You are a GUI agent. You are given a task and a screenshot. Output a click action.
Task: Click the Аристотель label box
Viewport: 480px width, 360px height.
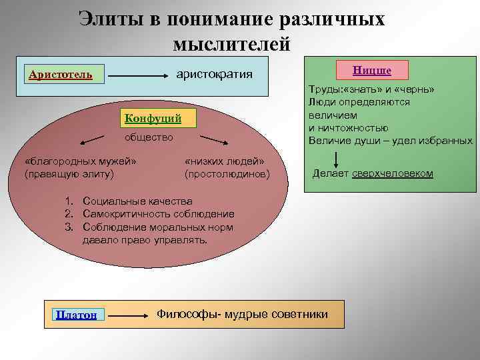pos(61,74)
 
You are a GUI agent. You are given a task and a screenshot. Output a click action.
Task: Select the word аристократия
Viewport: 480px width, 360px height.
pos(214,74)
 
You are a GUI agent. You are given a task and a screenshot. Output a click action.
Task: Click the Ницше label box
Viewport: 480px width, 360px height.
pos(372,69)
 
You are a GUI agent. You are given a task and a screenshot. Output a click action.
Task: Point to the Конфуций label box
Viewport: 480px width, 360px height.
pos(153,119)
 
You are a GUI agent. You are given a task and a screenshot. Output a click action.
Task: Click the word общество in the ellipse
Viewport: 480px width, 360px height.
pos(149,137)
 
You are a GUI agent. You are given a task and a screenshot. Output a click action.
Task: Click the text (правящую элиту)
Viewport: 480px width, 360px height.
pos(69,174)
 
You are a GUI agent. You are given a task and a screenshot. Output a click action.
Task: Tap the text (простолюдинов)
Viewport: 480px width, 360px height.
pos(227,174)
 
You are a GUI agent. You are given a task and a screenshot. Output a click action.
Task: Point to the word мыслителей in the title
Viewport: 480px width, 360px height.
pos(231,44)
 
